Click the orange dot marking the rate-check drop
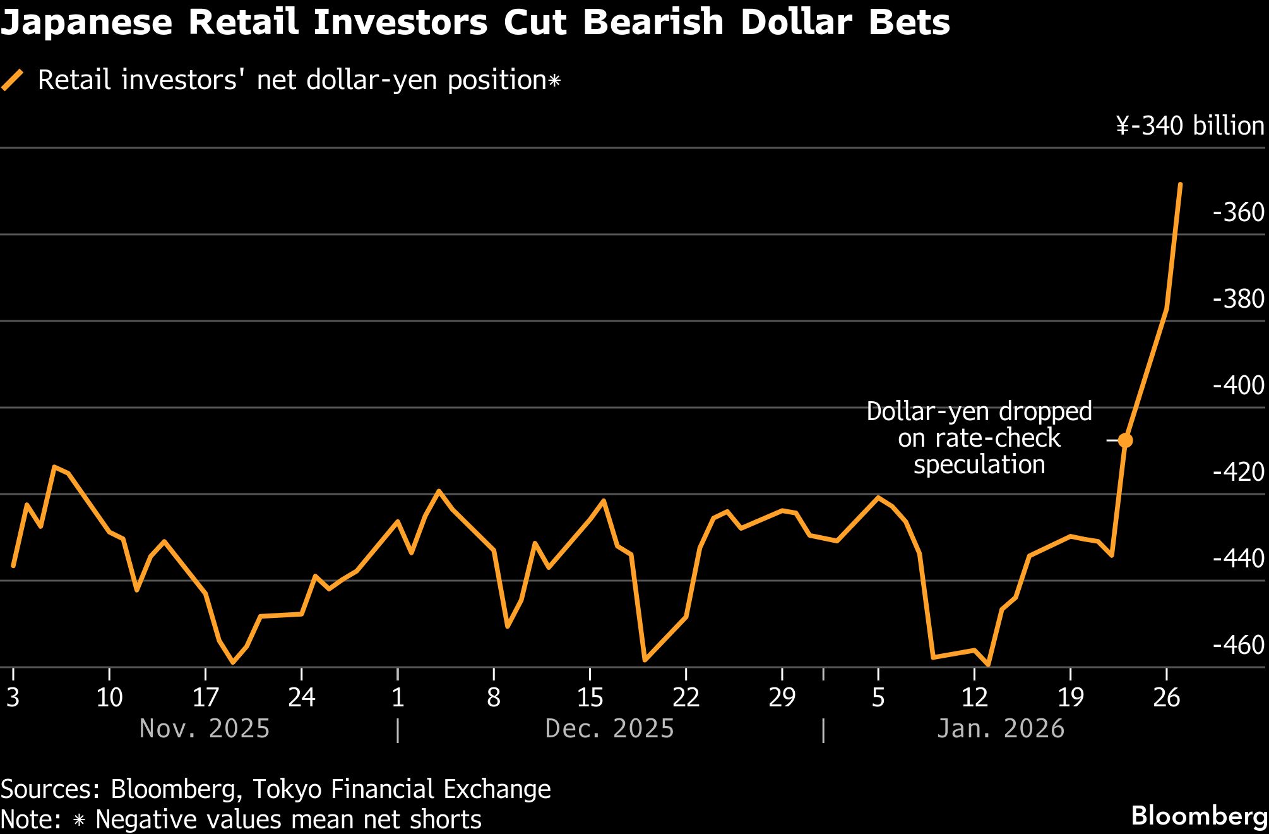click(1125, 440)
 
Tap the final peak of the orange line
click(1181, 184)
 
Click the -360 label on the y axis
click(1238, 212)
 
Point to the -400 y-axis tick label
click(1238, 385)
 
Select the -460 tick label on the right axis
click(1238, 645)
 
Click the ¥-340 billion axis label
click(1190, 126)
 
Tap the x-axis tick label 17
click(205, 698)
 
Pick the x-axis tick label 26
click(1166, 698)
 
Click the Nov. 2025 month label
click(205, 728)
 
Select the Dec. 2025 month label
click(609, 728)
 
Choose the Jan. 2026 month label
click(1001, 728)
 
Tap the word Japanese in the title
click(86, 23)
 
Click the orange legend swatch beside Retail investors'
click(13, 80)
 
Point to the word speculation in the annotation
click(979, 465)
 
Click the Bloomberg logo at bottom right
click(1199, 816)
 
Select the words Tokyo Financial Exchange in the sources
click(402, 789)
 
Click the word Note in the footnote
click(30, 819)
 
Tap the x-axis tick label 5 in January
click(878, 698)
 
